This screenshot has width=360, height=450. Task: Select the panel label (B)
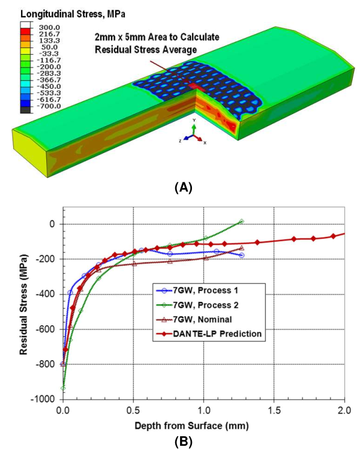coord(182,443)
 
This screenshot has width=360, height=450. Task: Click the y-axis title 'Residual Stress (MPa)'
coord(25,301)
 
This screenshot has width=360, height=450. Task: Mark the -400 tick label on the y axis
coord(46,294)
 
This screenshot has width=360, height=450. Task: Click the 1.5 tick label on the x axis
coord(274,410)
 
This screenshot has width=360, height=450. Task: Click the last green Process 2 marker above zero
coord(241,221)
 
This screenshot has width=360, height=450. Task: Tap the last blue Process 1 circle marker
coord(241,255)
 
